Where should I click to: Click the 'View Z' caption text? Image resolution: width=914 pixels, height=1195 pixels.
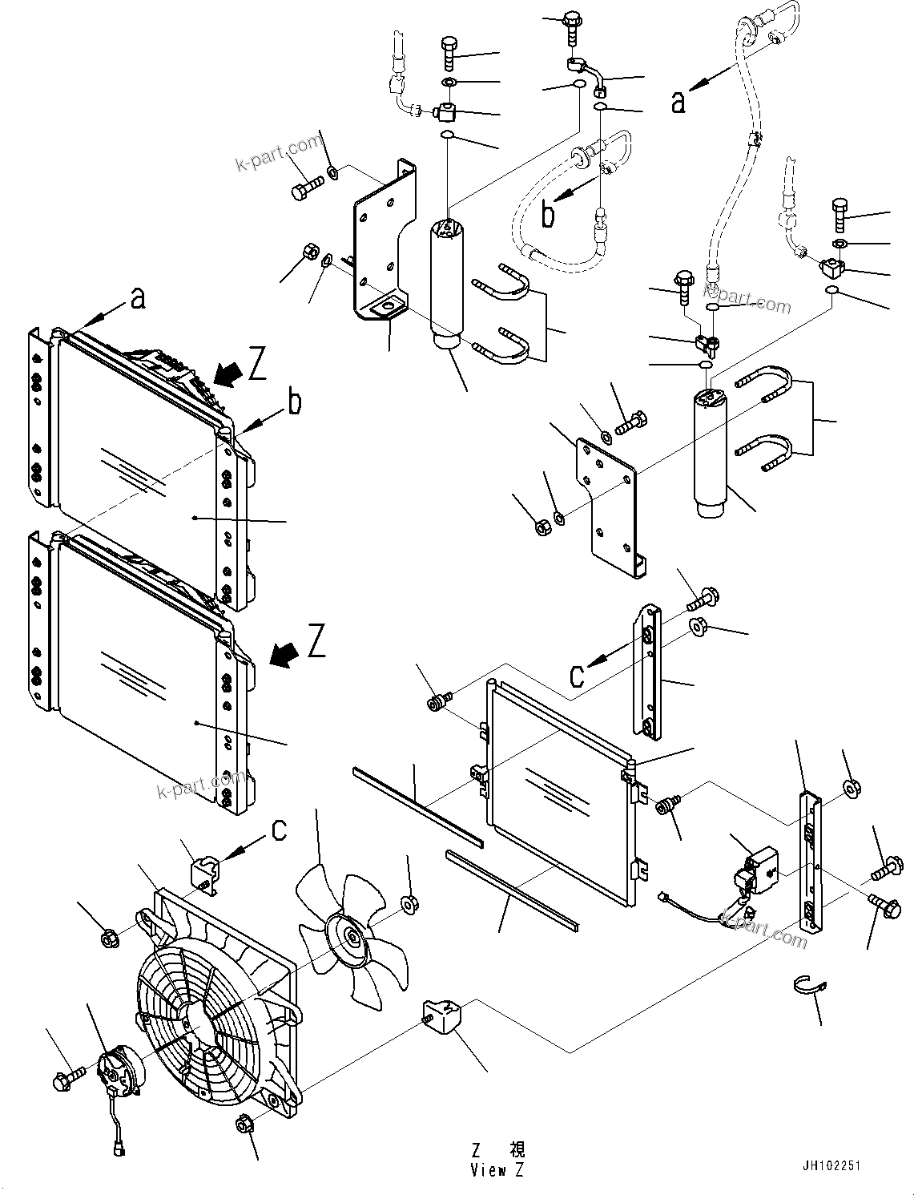click(497, 1170)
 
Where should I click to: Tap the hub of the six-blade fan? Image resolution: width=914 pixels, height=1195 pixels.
click(352, 936)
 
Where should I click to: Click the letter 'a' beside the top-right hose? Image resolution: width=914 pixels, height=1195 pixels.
click(678, 102)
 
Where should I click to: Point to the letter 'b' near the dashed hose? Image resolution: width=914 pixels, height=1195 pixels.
click(548, 215)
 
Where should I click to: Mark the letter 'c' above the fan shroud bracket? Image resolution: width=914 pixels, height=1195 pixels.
click(278, 830)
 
